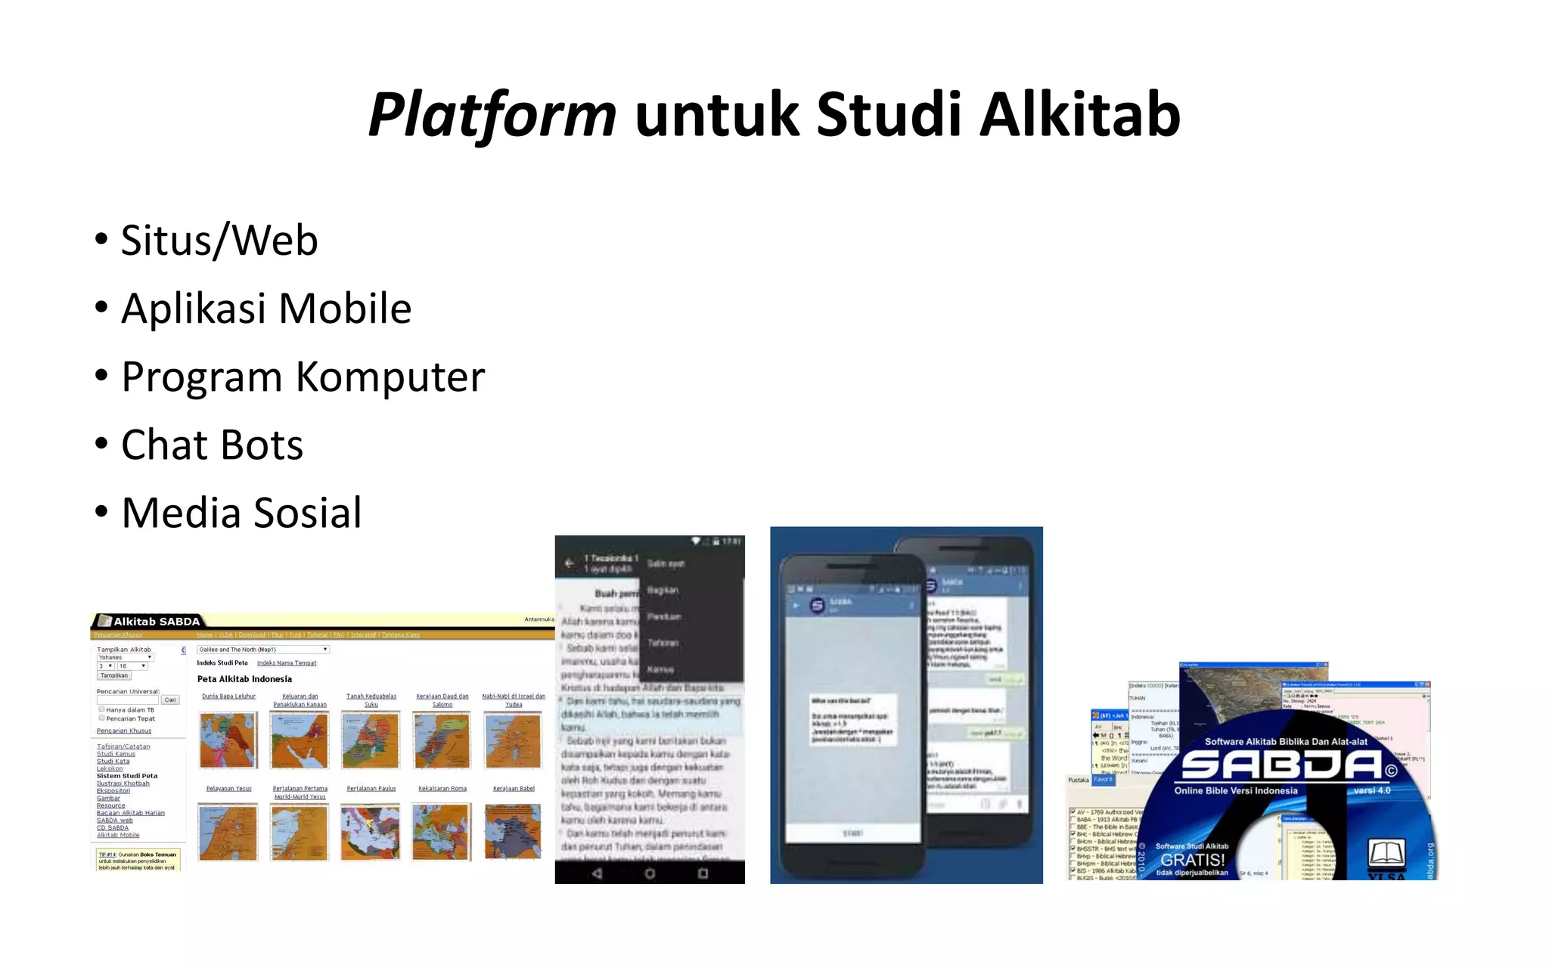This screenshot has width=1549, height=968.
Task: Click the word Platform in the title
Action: click(x=492, y=115)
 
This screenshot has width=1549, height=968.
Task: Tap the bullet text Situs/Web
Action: click(x=219, y=240)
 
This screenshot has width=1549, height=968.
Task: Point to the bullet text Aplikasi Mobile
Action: click(x=266, y=309)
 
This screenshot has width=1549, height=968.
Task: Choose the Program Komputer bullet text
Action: click(x=303, y=377)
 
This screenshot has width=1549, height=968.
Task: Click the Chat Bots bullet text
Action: click(x=212, y=445)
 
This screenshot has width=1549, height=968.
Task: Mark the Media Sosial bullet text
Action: click(x=241, y=513)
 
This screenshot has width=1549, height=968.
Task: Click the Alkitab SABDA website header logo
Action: click(x=149, y=622)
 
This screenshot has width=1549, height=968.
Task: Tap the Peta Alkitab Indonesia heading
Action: click(x=244, y=679)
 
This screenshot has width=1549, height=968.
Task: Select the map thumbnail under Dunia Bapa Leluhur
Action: click(x=228, y=740)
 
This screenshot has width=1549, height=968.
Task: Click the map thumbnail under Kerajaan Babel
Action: click(x=514, y=832)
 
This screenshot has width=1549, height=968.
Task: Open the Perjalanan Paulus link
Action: click(x=371, y=789)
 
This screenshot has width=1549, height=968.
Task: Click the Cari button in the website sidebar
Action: click(x=170, y=700)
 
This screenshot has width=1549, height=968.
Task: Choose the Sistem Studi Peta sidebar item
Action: click(x=127, y=776)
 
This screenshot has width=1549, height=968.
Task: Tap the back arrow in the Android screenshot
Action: click(x=570, y=563)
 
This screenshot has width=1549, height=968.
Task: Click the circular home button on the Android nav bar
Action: click(x=650, y=873)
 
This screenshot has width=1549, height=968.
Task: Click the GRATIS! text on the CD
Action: click(x=1192, y=860)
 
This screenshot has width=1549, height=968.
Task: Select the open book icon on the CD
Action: click(x=1387, y=853)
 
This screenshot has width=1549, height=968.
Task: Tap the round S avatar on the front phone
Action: click(x=817, y=606)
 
